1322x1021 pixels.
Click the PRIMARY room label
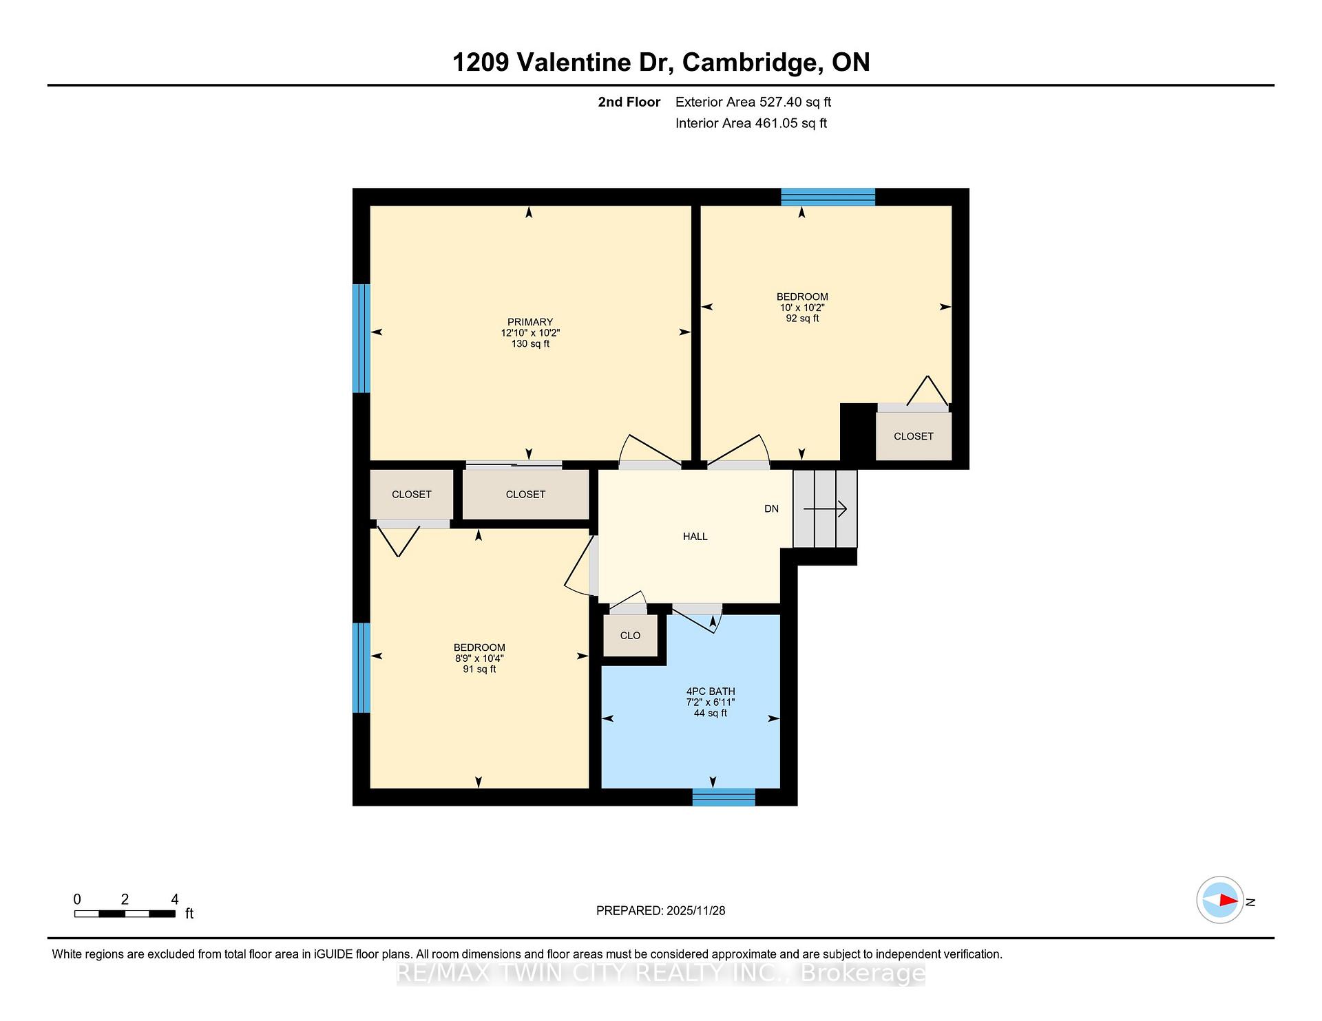coord(530,322)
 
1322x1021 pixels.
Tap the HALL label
coord(695,537)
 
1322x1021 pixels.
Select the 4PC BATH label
coord(711,691)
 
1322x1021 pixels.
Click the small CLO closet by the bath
coord(630,636)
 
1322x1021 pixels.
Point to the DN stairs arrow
coord(826,509)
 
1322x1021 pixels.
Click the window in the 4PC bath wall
coord(724,797)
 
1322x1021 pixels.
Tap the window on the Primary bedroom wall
coord(361,338)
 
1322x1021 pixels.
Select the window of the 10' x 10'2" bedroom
coord(828,197)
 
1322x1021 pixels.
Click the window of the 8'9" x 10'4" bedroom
coord(361,668)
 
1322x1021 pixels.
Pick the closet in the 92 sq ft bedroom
coord(914,436)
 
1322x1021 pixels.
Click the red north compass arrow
coord(1229,900)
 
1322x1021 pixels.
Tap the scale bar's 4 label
coord(175,899)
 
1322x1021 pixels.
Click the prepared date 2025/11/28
coord(696,911)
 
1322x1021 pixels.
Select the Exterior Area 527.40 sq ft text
coord(753,102)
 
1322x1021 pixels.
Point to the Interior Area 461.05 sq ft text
coord(751,123)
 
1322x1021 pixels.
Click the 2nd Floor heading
coord(629,102)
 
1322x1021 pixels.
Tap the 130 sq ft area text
coord(530,344)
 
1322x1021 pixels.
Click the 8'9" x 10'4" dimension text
coord(479,658)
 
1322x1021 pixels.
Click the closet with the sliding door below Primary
coord(525,495)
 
